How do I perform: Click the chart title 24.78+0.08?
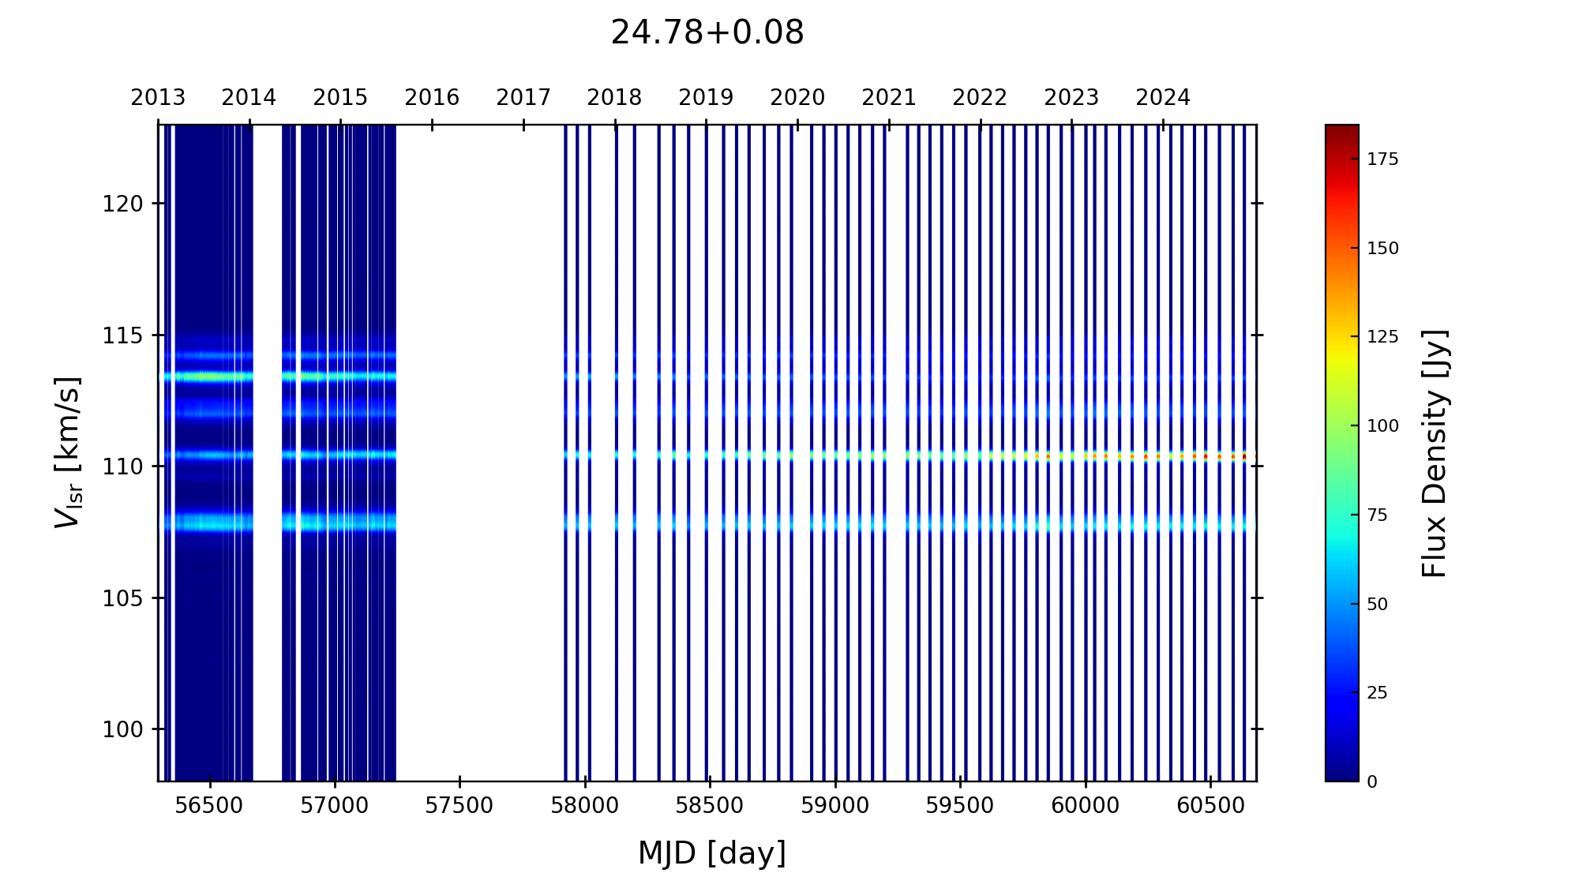point(707,33)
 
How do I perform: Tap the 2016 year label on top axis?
point(431,98)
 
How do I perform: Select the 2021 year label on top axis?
point(888,98)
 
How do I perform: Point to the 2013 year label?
point(158,98)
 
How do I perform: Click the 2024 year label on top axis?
point(1162,98)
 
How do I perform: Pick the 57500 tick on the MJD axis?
point(459,806)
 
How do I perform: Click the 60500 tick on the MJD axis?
point(1210,806)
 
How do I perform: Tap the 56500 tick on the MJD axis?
point(210,806)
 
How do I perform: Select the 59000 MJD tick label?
point(835,806)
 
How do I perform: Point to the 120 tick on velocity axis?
point(122,204)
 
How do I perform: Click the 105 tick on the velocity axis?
point(122,598)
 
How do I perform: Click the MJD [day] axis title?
point(711,853)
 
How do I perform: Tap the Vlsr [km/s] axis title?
point(68,452)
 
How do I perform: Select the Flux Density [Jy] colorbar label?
point(1434,453)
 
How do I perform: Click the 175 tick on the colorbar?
point(1382,159)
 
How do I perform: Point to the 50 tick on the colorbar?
point(1377,605)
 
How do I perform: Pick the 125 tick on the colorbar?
point(1382,337)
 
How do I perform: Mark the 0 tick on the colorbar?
point(1372,782)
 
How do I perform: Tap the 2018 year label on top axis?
point(614,98)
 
